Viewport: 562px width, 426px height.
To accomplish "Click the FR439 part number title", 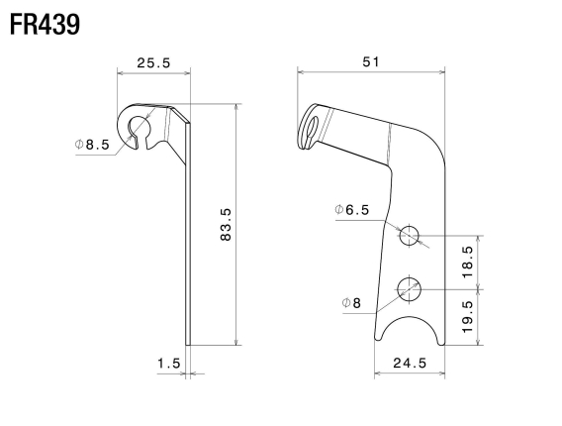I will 46,23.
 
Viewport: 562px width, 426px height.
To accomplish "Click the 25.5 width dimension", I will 153,62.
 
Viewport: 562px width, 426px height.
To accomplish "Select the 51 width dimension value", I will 370,61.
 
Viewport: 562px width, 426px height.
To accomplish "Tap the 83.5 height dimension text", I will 226,227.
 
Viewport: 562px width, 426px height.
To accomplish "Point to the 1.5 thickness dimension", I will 168,364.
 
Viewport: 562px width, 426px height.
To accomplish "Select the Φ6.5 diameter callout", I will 352,210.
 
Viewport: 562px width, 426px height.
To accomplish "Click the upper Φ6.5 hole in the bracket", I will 409,235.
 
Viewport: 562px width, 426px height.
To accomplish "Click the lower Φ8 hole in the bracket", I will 410,288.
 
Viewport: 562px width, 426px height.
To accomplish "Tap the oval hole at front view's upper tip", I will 313,128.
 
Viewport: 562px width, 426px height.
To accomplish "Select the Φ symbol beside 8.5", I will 79,144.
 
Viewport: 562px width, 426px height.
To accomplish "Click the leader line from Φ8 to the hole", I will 381,298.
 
